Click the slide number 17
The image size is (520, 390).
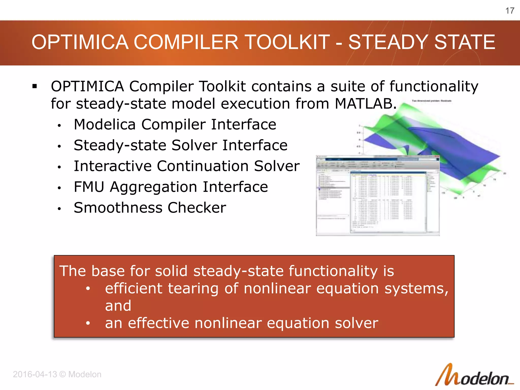point(510,11)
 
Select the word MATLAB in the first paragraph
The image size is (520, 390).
point(365,104)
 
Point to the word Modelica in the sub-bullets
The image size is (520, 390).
point(105,124)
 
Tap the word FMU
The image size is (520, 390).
point(89,187)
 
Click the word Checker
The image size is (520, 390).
point(197,208)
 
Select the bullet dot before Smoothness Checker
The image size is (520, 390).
point(59,209)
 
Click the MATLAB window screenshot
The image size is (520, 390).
point(378,196)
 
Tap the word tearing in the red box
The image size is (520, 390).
point(193,289)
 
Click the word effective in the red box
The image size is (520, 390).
point(158,323)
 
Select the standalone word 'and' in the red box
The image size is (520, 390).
point(118,306)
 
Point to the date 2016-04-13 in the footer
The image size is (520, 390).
point(35,374)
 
